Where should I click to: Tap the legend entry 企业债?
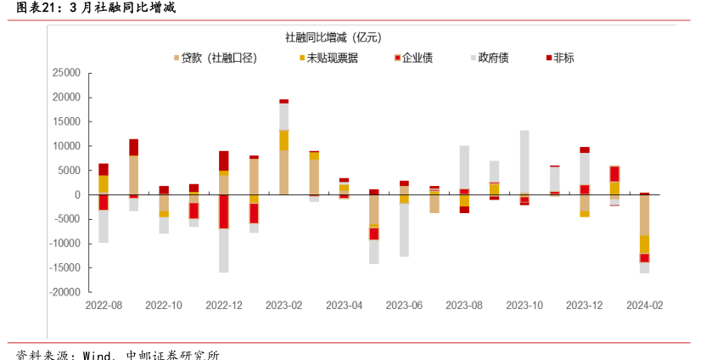[x=417, y=58]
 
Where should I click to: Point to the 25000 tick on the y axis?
[x=65, y=73]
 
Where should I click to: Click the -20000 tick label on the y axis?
[x=64, y=292]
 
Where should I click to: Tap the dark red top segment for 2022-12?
[x=224, y=160]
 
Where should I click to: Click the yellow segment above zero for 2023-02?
[x=284, y=140]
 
